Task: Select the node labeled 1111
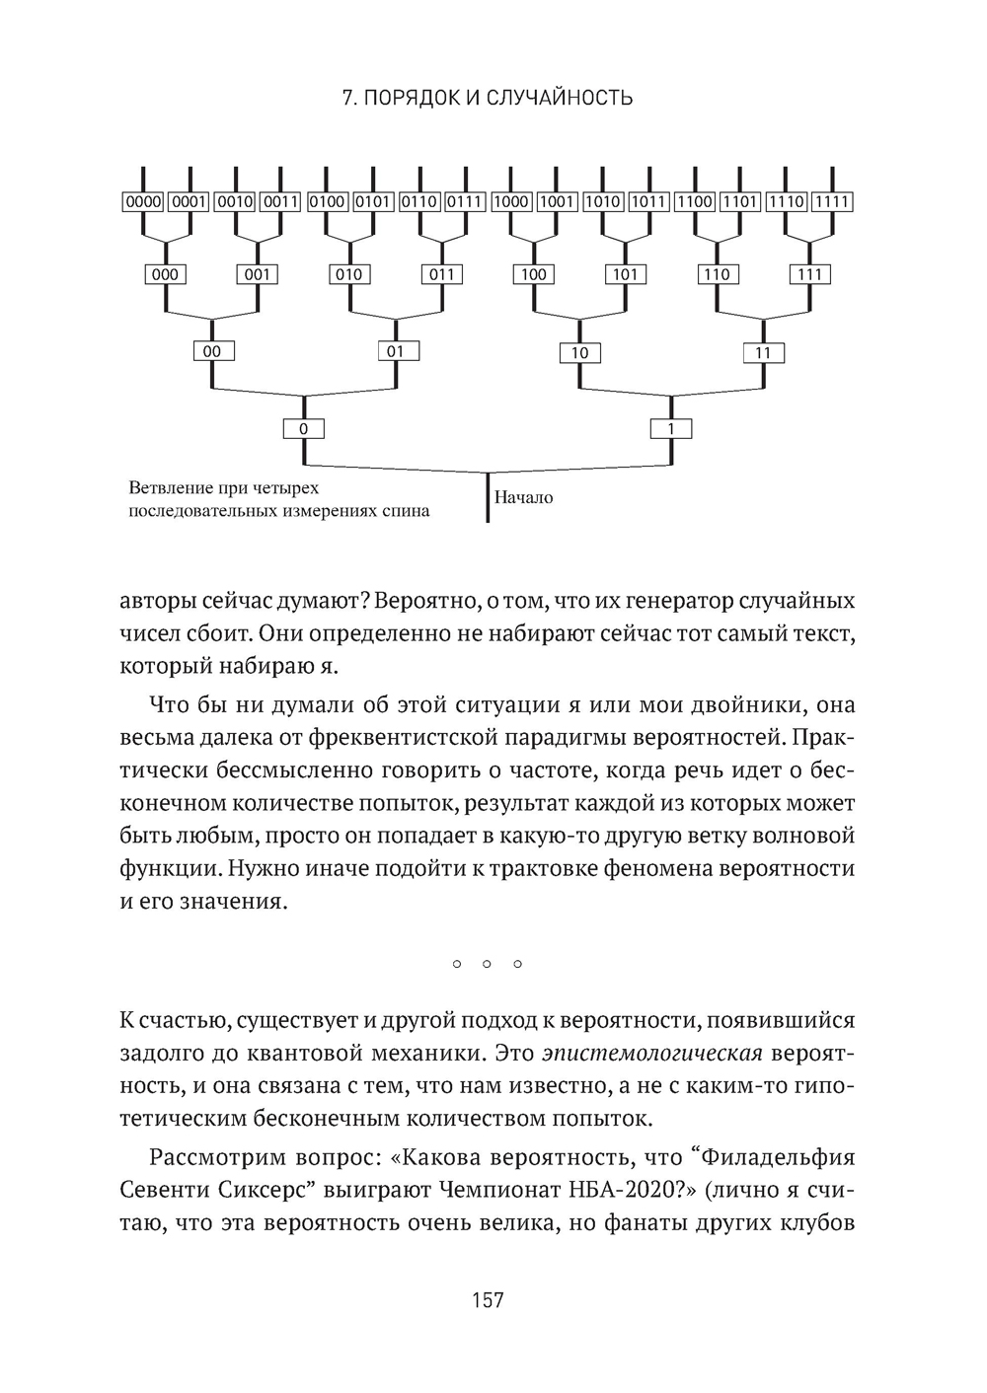[832, 202]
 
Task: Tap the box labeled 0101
[373, 202]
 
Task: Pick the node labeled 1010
[602, 202]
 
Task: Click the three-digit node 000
[164, 274]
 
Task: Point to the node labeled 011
[441, 274]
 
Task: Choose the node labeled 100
[533, 274]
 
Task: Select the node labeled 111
[809, 274]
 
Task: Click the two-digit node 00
[211, 351]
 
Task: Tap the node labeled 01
[395, 351]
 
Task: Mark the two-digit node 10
[579, 352]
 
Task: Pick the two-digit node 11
[763, 352]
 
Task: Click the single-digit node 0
[303, 429]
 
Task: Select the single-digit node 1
[671, 429]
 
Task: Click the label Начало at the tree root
[524, 498]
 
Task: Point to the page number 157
[488, 1300]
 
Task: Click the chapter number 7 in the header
[346, 98]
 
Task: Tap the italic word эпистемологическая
[651, 1053]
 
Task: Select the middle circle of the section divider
[487, 963]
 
